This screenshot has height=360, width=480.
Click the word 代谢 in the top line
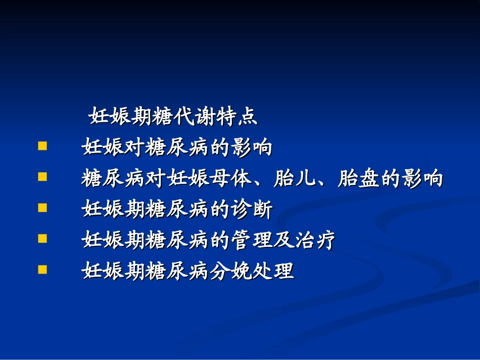tap(195, 118)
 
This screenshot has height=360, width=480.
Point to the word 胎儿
tap(293, 179)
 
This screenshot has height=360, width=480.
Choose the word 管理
tap(251, 241)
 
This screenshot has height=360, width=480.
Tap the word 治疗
tap(314, 241)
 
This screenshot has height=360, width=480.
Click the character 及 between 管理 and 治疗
tap(282, 241)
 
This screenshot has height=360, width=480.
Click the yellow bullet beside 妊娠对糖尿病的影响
tap(42, 147)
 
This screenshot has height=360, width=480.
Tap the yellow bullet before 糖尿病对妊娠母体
tap(42, 177)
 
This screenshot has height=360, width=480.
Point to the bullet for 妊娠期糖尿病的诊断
tap(42, 208)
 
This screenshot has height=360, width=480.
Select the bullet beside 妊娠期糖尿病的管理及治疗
tap(42, 238)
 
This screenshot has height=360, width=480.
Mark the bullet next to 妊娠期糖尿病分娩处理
tap(42, 269)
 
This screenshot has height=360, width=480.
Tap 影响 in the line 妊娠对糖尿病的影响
tap(251, 148)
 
